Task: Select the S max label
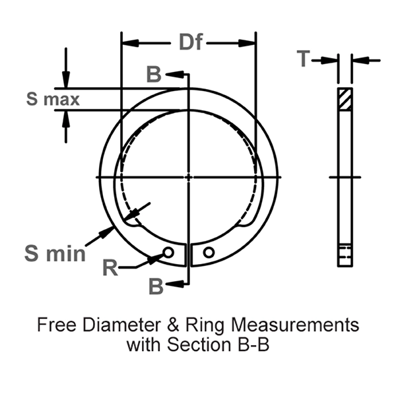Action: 53,100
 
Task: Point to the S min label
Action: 55,252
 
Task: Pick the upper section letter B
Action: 153,75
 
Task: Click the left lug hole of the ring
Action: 169,252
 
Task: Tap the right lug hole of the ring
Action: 209,252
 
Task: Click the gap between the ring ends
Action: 189,254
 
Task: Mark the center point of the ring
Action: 189,177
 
